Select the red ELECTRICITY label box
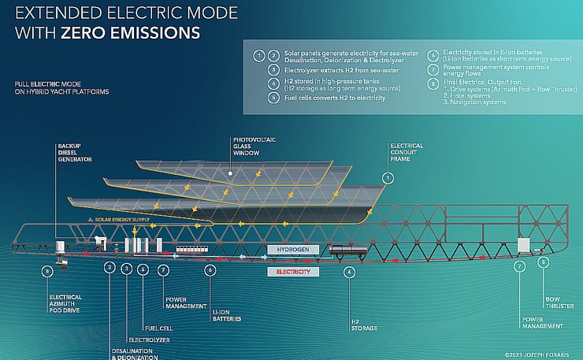(293, 272)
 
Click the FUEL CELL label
(154, 328)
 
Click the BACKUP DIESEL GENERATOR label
(74, 153)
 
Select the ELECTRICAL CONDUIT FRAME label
(407, 152)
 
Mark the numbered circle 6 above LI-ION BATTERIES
(210, 269)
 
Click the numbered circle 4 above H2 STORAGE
(349, 272)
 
